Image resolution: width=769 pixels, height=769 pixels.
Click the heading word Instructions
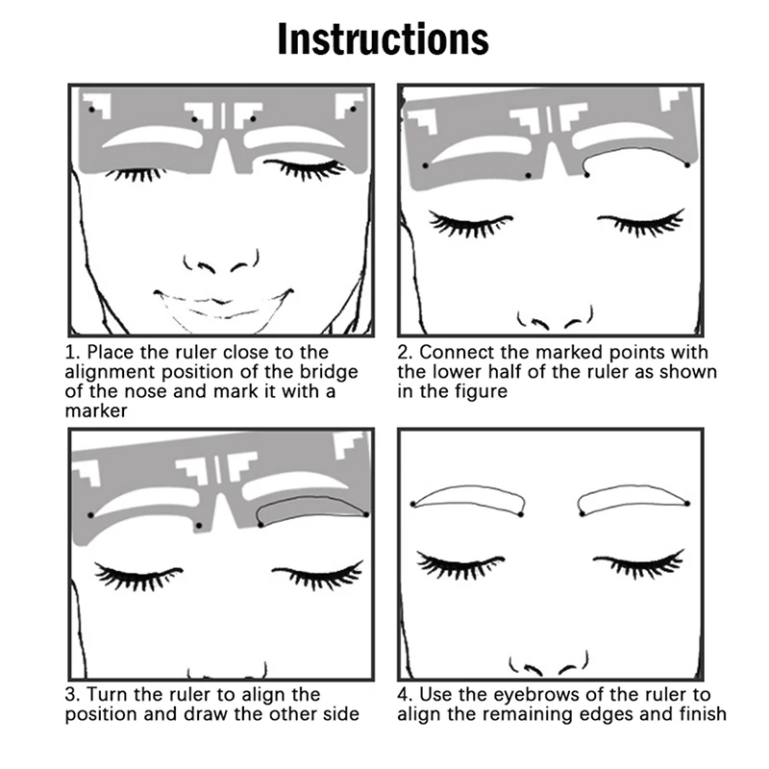click(x=383, y=39)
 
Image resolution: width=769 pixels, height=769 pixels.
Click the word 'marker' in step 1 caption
click(x=96, y=411)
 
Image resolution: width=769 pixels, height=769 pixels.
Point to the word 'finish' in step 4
click(x=703, y=714)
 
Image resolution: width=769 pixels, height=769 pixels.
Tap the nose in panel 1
click(x=221, y=262)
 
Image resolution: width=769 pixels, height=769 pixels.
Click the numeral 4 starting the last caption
click(x=403, y=695)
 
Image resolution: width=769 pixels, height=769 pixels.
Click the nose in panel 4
click(x=548, y=664)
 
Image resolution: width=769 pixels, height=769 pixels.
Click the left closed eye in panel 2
click(x=471, y=224)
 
